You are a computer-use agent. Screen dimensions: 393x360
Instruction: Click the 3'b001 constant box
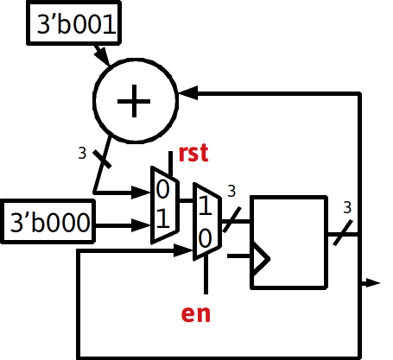73,23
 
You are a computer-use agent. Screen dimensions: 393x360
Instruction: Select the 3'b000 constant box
48,221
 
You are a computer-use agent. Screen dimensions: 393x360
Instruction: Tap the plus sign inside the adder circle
134,101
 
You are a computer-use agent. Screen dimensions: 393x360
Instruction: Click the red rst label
193,153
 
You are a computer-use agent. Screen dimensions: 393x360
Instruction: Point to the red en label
196,313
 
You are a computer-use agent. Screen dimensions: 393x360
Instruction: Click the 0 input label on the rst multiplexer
162,190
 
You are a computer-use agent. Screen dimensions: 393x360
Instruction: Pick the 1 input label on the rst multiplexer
163,218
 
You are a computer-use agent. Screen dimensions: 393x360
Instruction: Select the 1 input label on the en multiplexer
206,205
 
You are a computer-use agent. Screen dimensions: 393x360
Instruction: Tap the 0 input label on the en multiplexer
205,238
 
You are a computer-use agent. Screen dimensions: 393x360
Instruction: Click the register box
289,243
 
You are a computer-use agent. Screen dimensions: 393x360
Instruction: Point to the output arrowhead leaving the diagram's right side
373,283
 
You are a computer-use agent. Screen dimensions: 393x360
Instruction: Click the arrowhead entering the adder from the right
188,93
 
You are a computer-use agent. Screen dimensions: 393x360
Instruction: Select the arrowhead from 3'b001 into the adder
102,56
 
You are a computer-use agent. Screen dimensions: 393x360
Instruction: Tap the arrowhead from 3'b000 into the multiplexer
142,225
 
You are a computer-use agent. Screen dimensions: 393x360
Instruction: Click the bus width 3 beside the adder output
82,153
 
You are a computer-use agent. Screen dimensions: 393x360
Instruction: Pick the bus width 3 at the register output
347,207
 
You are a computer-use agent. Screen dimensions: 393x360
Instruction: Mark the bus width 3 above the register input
231,191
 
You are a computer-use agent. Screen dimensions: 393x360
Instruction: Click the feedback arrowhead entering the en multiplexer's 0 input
183,250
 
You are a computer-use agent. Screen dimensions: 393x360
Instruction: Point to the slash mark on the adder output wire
102,159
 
